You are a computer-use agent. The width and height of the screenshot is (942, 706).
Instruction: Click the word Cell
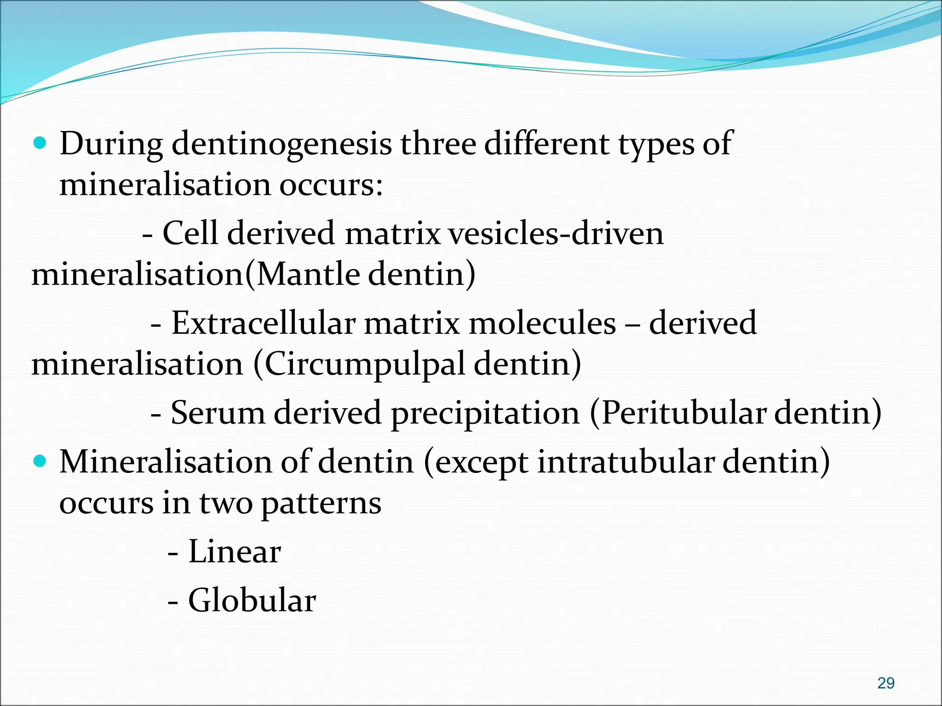[x=190, y=233]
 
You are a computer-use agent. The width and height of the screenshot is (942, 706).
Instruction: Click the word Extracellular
[x=264, y=323]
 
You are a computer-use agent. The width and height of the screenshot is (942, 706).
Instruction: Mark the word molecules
[x=542, y=323]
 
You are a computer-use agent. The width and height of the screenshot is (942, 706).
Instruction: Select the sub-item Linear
[x=234, y=551]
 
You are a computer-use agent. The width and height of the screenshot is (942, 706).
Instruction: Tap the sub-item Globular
[x=252, y=600]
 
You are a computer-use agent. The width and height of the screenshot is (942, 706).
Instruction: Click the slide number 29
[x=885, y=683]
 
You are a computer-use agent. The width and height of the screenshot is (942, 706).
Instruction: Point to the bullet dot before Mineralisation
[x=41, y=461]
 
